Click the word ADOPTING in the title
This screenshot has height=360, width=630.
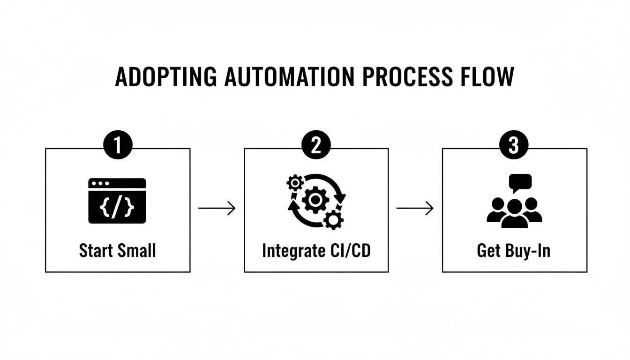tap(166, 76)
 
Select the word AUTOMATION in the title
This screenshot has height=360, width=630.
tap(289, 76)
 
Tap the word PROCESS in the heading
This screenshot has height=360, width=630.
tap(407, 76)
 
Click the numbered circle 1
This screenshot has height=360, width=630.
tap(118, 144)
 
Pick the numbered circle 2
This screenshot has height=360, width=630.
tap(316, 144)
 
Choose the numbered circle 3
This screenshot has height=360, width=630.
tap(514, 144)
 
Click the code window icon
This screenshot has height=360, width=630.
tap(117, 201)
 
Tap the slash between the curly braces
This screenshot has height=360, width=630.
tap(117, 208)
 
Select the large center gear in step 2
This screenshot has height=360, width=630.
tap(315, 200)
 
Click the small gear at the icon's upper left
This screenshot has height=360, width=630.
tap(295, 183)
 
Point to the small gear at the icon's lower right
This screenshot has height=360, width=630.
tap(333, 220)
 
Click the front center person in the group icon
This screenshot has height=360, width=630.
tap(514, 214)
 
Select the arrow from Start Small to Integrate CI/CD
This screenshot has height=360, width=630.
tap(217, 208)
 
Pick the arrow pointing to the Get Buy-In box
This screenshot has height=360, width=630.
tap(415, 208)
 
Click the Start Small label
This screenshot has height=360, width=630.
tap(117, 250)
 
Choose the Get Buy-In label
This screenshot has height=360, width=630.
tap(514, 250)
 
